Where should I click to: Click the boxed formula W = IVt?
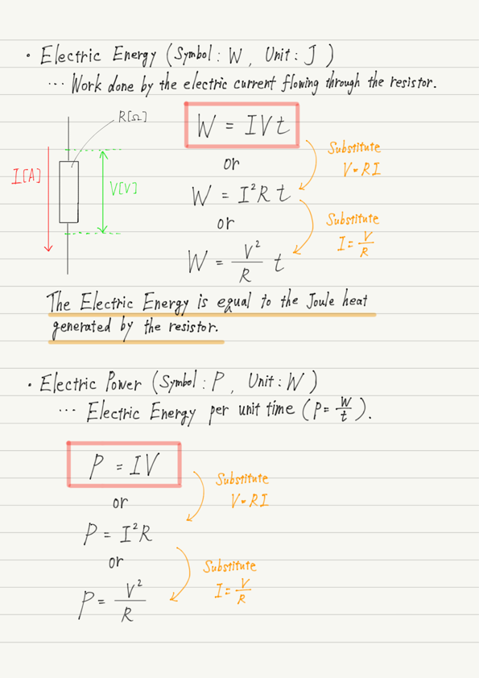[242, 126]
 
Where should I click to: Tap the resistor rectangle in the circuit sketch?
[68, 192]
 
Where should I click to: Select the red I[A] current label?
[27, 176]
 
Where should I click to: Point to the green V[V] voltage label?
[123, 188]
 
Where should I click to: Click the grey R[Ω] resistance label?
[133, 117]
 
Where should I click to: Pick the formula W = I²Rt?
[242, 195]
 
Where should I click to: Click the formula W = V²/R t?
[237, 262]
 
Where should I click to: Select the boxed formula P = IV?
[124, 465]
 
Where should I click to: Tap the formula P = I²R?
[118, 533]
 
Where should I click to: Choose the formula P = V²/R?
[113, 602]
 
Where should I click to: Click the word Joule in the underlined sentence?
[320, 300]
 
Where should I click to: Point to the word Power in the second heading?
[124, 382]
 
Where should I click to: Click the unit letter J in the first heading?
[310, 56]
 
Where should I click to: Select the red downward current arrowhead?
[48, 247]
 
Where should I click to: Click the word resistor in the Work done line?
[412, 81]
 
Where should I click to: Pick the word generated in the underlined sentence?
[81, 328]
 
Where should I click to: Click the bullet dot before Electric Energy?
[28, 56]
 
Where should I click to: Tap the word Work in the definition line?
[87, 84]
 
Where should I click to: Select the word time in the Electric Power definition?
[279, 408]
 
